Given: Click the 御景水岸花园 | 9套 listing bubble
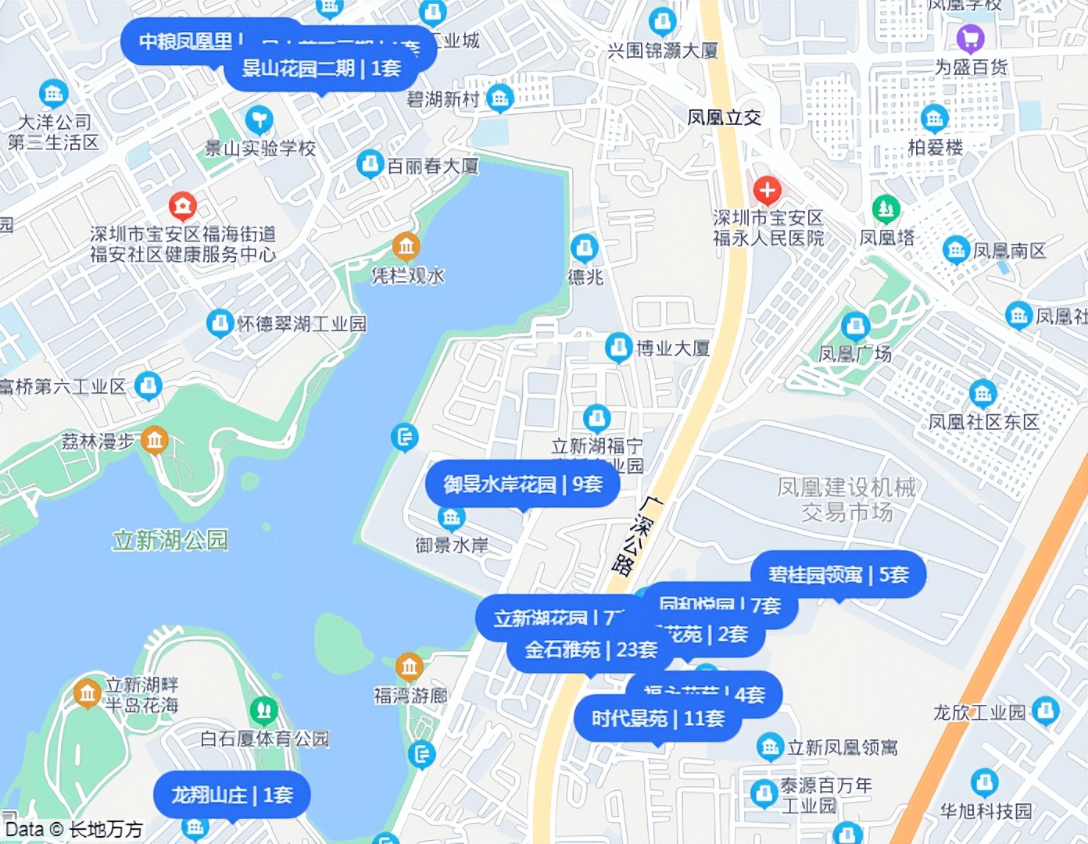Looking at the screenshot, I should pyautogui.click(x=522, y=485).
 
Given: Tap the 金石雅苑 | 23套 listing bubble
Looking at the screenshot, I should pyautogui.click(x=590, y=650).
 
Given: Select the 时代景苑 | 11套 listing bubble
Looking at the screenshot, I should pyautogui.click(x=657, y=718).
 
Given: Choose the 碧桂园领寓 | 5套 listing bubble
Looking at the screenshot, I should pyautogui.click(x=838, y=575).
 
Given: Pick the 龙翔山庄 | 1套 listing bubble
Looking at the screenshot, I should pyautogui.click(x=232, y=796).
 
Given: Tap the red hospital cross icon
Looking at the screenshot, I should pyautogui.click(x=767, y=190).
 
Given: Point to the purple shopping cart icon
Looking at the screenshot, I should pyautogui.click(x=970, y=38).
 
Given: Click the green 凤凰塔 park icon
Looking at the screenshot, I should pyautogui.click(x=886, y=209).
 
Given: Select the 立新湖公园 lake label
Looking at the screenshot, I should pyautogui.click(x=170, y=540).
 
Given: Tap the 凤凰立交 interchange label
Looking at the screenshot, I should pyautogui.click(x=724, y=118).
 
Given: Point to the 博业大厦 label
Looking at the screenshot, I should pyautogui.click(x=672, y=348).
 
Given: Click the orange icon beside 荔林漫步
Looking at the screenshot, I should pyautogui.click(x=155, y=441).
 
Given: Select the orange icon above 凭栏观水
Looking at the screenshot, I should pyautogui.click(x=406, y=247).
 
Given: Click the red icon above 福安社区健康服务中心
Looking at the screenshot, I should pyautogui.click(x=182, y=206).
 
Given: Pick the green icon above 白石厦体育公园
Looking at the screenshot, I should pyautogui.click(x=263, y=710).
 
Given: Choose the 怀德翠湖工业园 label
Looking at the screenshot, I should pyautogui.click(x=301, y=324).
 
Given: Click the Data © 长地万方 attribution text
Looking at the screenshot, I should pyautogui.click(x=74, y=829).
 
